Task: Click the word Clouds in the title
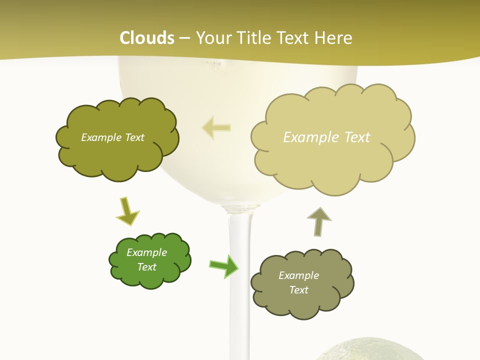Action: click(x=147, y=37)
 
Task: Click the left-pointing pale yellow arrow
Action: click(x=216, y=127)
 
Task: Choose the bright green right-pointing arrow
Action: click(x=224, y=265)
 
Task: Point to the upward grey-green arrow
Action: click(x=318, y=221)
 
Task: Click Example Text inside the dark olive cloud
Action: click(x=112, y=137)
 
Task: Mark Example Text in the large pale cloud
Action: click(x=326, y=137)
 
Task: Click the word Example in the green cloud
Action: click(x=146, y=252)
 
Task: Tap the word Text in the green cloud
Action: click(x=146, y=267)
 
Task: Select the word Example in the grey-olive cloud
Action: click(x=298, y=275)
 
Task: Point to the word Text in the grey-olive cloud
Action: click(x=298, y=290)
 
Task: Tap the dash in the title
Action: click(x=184, y=38)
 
